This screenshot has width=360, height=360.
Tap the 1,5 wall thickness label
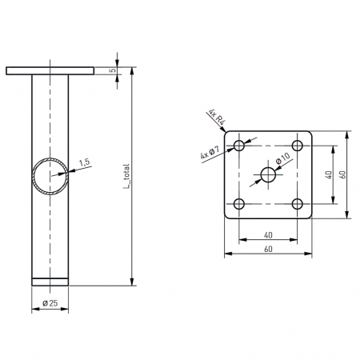pos(85,162)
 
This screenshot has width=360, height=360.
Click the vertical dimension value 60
pos(342,174)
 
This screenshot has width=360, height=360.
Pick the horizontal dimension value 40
pos(268,235)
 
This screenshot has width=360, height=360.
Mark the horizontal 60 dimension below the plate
pos(268,250)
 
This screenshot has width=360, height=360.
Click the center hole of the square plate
pos(268,174)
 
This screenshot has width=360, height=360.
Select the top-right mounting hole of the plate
pos(297,146)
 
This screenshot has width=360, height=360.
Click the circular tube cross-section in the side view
pos(50,177)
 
